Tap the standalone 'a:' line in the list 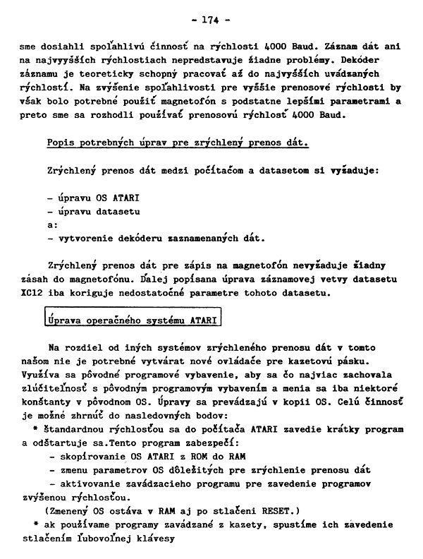click(x=52, y=224)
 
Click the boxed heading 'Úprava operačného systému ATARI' click(x=132, y=320)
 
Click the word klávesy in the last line click(x=152, y=539)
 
